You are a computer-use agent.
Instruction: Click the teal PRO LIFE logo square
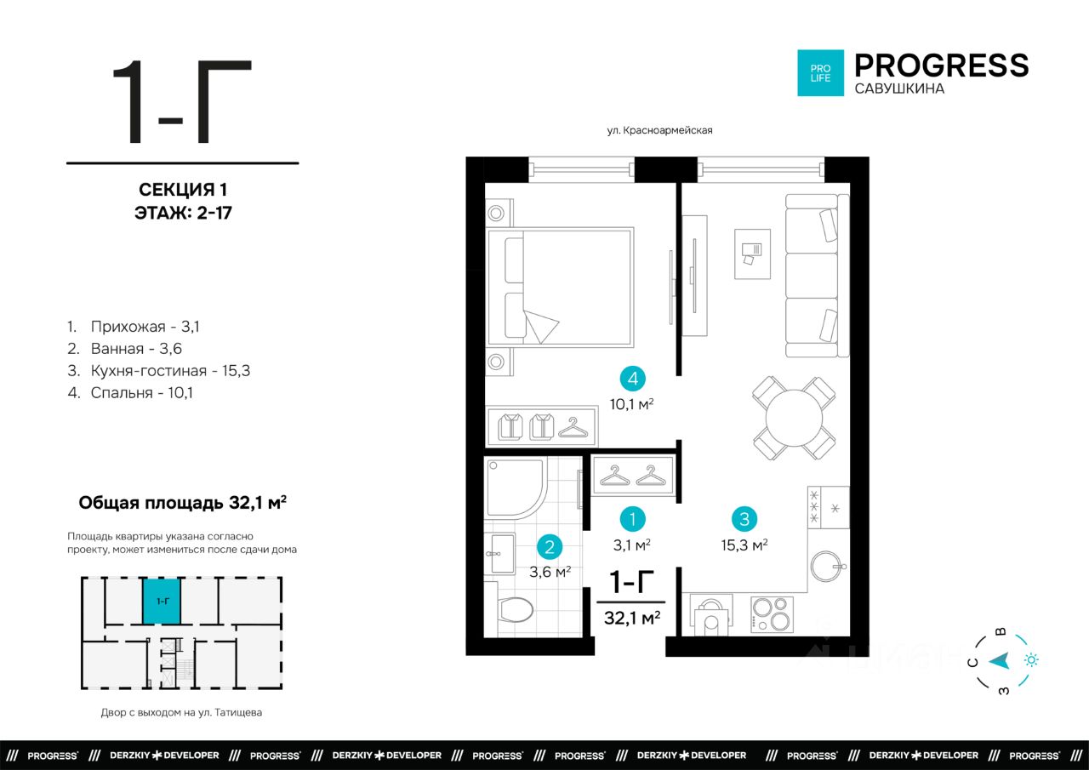820,73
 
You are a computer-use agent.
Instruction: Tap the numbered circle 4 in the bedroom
632,379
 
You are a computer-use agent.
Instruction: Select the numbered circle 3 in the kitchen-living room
744,519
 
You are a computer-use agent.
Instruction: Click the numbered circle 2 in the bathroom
550,547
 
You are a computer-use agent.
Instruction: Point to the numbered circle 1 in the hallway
632,519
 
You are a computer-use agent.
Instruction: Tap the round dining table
794,418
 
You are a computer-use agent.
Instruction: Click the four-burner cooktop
772,614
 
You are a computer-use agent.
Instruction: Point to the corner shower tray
516,487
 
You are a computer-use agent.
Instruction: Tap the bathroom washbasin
501,554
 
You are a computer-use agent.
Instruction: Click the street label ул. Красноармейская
659,130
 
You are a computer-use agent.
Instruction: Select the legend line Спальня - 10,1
130,393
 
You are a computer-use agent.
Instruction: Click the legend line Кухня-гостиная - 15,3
159,371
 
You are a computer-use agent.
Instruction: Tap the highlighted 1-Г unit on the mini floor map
162,601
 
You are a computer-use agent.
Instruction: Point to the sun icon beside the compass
1031,660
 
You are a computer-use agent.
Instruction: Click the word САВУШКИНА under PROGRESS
899,88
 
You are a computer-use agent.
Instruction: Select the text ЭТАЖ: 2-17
183,213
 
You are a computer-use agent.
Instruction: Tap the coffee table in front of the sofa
752,254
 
